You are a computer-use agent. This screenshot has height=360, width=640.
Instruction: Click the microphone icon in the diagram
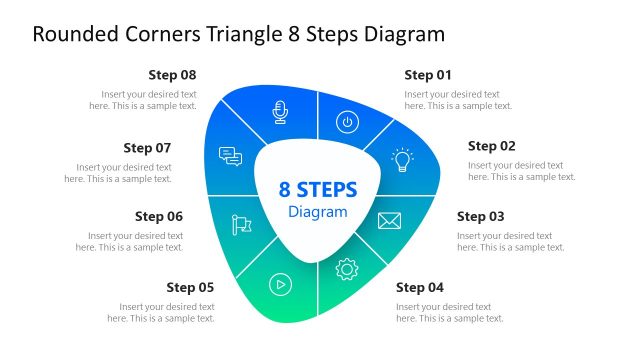pos(281,110)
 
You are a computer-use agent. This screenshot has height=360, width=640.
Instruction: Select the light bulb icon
pos(402,160)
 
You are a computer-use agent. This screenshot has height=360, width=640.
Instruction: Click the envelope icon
pos(389,221)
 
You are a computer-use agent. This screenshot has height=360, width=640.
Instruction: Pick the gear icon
pos(347,269)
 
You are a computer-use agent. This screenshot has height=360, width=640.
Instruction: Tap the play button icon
pos(281,284)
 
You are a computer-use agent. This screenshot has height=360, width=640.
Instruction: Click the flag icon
pos(241,225)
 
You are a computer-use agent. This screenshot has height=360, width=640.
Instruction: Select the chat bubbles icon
pos(231,157)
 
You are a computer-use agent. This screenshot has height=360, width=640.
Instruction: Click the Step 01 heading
pos(428,75)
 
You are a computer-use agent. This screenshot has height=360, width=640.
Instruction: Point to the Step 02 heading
pos(492,146)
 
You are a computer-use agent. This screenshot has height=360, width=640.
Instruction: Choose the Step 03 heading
pos(481,216)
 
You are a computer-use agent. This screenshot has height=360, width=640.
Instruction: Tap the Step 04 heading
pos(420,287)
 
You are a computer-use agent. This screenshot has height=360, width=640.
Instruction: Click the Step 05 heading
pos(190,287)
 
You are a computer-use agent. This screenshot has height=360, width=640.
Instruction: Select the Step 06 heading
pos(159,216)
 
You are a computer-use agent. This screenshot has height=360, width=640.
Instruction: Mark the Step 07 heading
pos(147,147)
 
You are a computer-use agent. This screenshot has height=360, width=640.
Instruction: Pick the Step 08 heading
pos(172,75)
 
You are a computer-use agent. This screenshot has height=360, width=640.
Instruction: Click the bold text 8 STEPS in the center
pos(318,190)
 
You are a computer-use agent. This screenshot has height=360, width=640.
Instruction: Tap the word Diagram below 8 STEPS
pos(318,212)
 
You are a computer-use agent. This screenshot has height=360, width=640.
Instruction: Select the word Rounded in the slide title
pos(69,35)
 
